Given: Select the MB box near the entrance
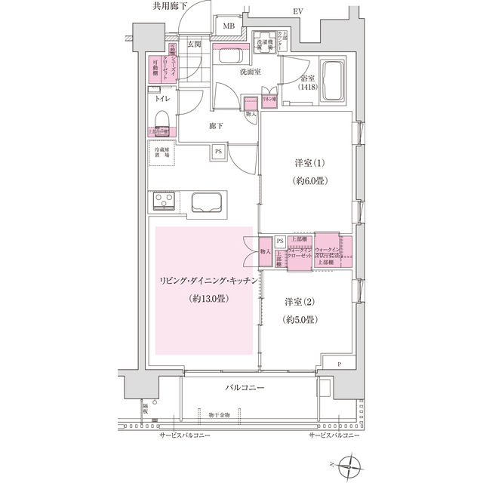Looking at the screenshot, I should [227, 28].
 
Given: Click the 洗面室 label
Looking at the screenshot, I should [251, 72].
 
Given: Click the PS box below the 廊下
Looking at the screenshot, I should [219, 152].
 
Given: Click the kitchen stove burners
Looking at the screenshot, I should [162, 202].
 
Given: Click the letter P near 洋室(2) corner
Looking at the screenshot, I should [339, 365].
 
